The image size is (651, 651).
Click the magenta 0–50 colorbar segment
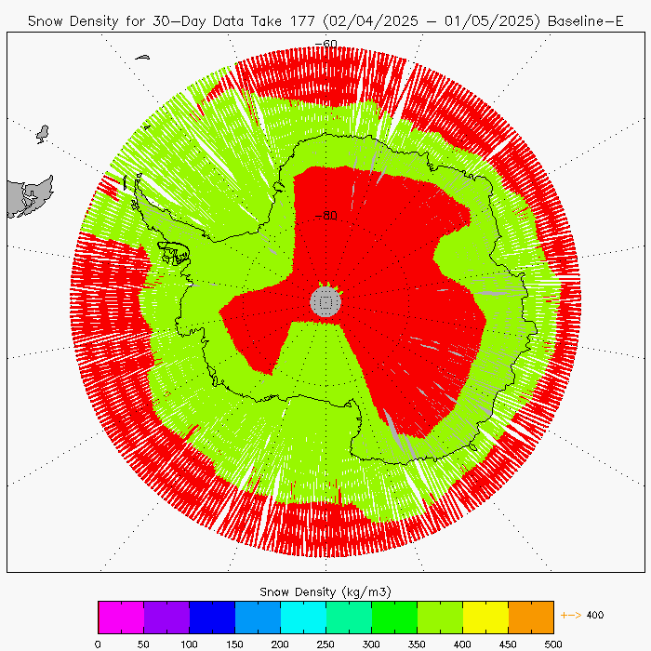tap(121, 617)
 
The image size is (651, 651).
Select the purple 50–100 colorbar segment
tap(166, 617)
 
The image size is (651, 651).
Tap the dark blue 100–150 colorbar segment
tap(212, 617)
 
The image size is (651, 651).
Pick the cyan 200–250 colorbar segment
tap(303, 617)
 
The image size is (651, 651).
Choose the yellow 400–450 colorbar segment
tap(485, 617)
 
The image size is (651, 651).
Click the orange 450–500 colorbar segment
tap(531, 617)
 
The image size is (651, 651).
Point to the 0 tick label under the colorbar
tap(98, 642)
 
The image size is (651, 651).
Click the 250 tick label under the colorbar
tap(325, 642)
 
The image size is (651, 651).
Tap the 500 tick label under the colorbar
tap(553, 642)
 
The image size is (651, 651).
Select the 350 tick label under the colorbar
tap(417, 642)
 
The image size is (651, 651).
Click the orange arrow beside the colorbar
tap(571, 615)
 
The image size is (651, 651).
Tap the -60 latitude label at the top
tap(326, 44)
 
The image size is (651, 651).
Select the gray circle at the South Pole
tap(325, 300)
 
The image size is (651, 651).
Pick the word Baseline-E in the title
tap(585, 20)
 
